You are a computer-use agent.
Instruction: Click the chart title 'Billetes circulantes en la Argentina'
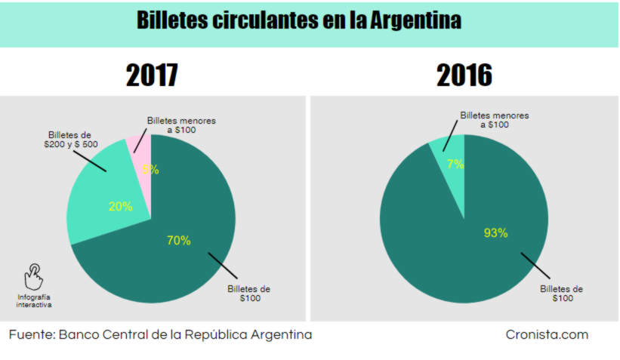(298, 20)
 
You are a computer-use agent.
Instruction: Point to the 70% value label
(178, 241)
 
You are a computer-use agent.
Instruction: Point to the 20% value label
(120, 206)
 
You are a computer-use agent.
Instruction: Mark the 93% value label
(495, 233)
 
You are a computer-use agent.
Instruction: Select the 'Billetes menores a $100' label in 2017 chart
(181, 125)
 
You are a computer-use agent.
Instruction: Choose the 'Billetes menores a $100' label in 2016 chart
(495, 120)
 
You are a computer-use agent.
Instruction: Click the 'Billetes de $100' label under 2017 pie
(249, 294)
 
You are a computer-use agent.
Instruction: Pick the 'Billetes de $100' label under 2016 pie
(562, 294)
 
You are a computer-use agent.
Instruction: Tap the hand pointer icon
(34, 277)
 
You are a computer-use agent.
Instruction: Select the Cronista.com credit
(547, 334)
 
